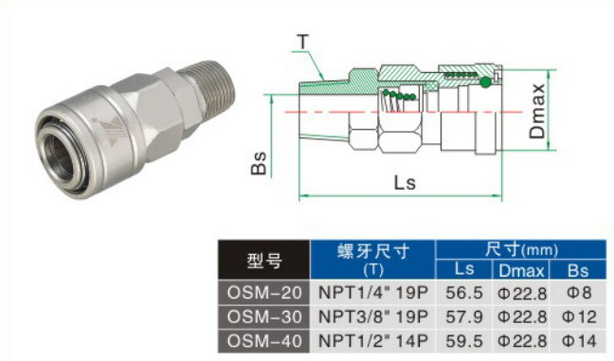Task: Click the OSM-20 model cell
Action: (264, 293)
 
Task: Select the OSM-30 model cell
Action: (264, 316)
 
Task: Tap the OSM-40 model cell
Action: (264, 341)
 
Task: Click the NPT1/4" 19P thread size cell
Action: (372, 293)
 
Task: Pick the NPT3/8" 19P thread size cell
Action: (372, 316)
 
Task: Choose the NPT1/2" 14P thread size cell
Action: (372, 341)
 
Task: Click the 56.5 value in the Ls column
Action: (464, 293)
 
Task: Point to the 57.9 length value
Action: (464, 316)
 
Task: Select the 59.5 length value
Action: (464, 341)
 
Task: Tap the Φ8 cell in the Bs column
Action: (579, 293)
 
